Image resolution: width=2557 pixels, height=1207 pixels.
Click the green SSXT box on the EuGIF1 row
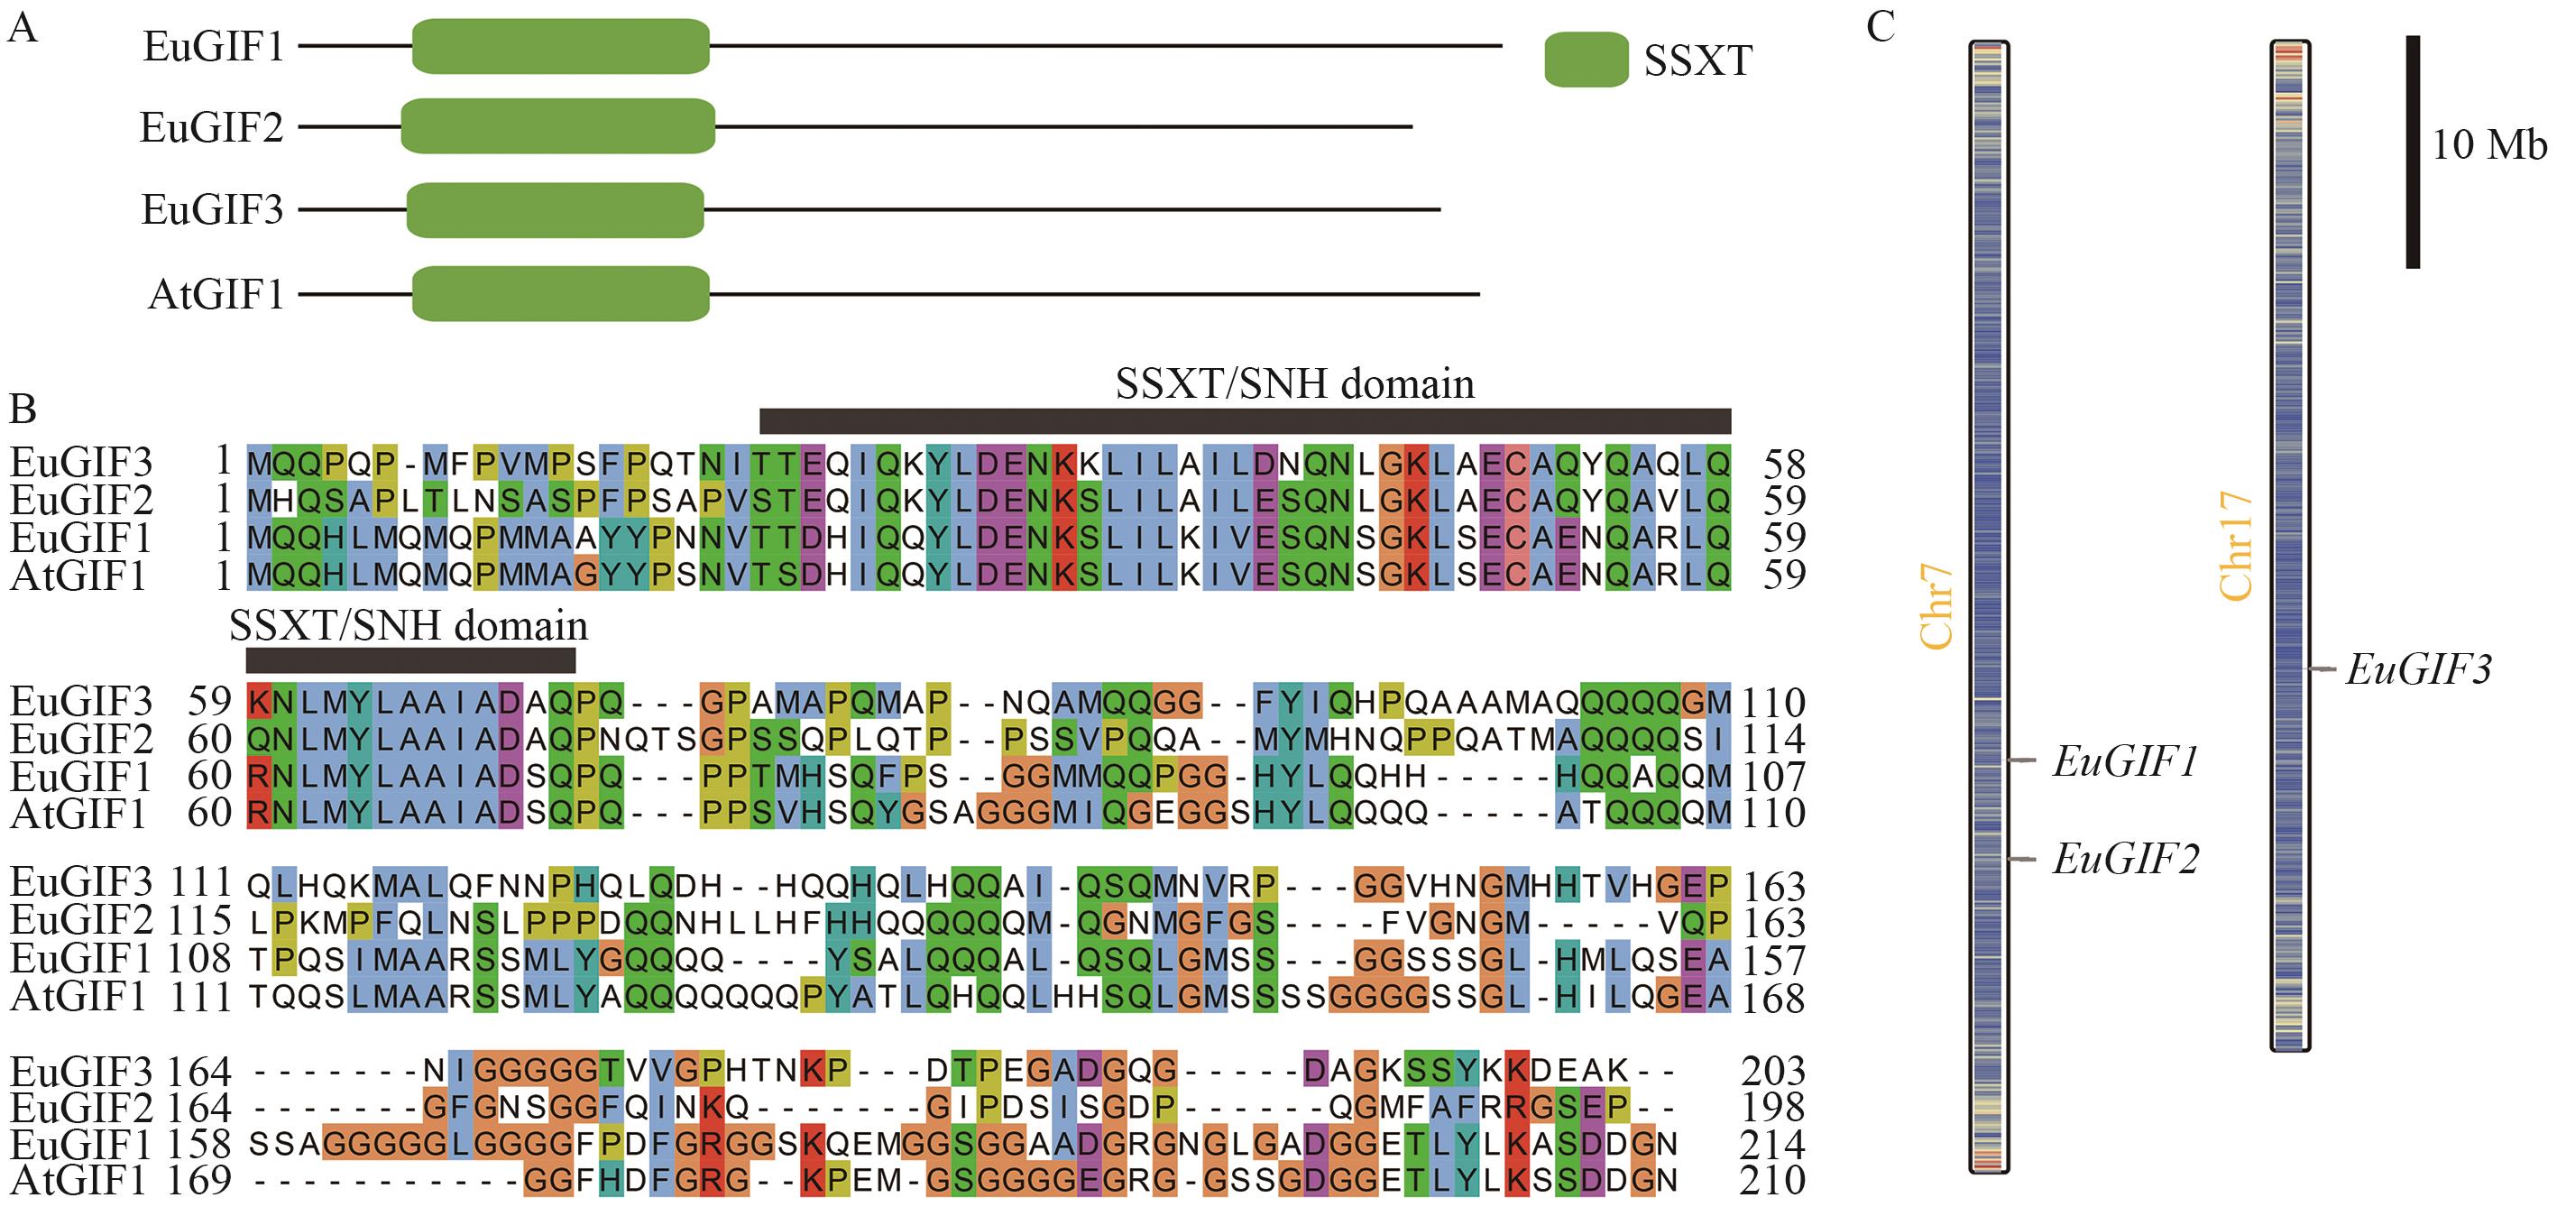click(561, 46)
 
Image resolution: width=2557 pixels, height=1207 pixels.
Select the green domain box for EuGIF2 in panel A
click(558, 126)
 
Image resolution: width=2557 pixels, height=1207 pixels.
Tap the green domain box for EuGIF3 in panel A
click(555, 209)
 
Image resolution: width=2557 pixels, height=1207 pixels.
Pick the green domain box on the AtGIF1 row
click(561, 294)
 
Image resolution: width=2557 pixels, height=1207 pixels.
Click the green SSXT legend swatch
click(1586, 60)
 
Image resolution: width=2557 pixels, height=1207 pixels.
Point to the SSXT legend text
click(1697, 61)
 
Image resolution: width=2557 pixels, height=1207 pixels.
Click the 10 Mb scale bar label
click(2488, 145)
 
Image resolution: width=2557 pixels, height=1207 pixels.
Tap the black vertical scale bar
click(2413, 152)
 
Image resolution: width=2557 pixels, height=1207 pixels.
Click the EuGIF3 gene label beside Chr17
click(2419, 671)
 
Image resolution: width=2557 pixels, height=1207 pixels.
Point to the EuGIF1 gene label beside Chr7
click(2125, 761)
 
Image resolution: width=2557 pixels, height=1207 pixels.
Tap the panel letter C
click(1880, 27)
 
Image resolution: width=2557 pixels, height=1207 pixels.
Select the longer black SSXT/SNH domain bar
click(1245, 421)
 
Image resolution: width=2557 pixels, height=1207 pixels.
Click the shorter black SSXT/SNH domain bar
click(410, 660)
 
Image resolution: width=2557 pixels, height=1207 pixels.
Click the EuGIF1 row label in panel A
click(214, 47)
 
